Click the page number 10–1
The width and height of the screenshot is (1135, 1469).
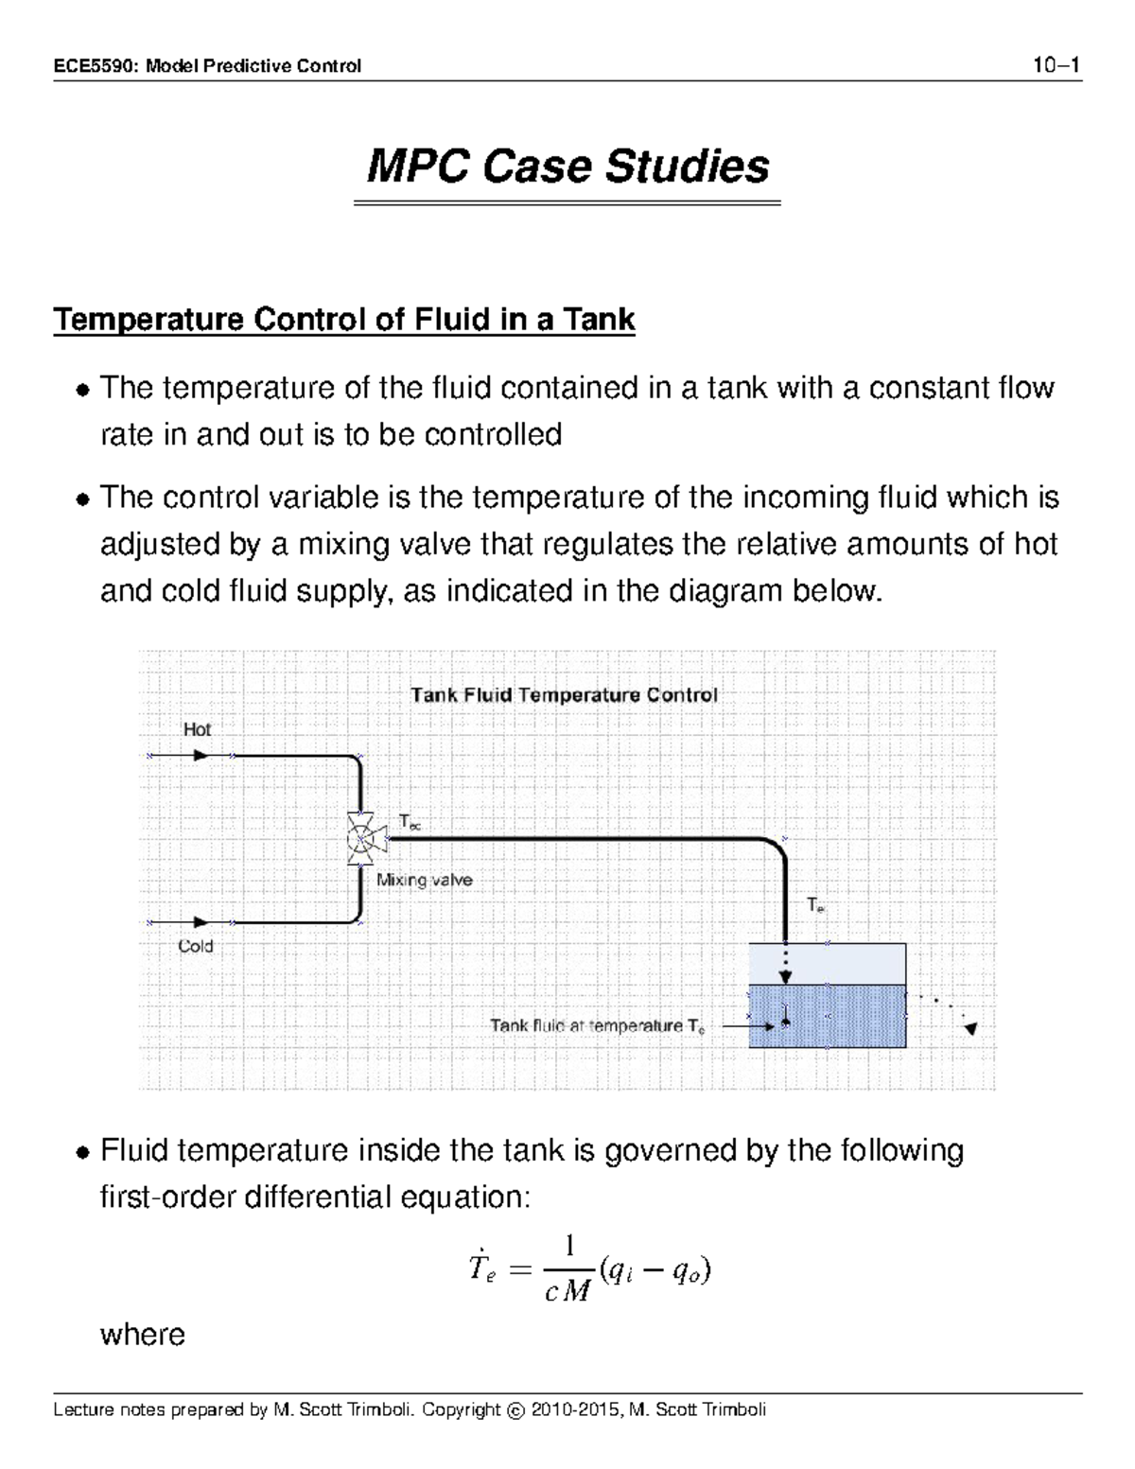(x=1056, y=65)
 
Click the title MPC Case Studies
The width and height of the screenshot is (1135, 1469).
(x=567, y=166)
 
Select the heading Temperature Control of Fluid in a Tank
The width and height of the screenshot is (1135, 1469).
(x=344, y=320)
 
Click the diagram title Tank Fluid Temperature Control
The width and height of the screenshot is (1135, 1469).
(x=564, y=695)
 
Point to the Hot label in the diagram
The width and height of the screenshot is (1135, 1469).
(x=197, y=729)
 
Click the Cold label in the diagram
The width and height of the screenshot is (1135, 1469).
(x=196, y=946)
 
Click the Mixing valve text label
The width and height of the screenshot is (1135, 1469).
(x=425, y=880)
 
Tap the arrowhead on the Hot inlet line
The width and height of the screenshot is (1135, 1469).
(x=201, y=756)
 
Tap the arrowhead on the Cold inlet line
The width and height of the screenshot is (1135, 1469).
(x=201, y=921)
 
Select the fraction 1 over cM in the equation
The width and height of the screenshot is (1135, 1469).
(x=568, y=1269)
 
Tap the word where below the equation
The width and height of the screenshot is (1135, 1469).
(x=143, y=1335)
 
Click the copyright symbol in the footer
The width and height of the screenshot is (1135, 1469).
(x=515, y=1410)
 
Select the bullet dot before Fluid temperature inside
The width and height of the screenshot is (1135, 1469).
(x=83, y=1153)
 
